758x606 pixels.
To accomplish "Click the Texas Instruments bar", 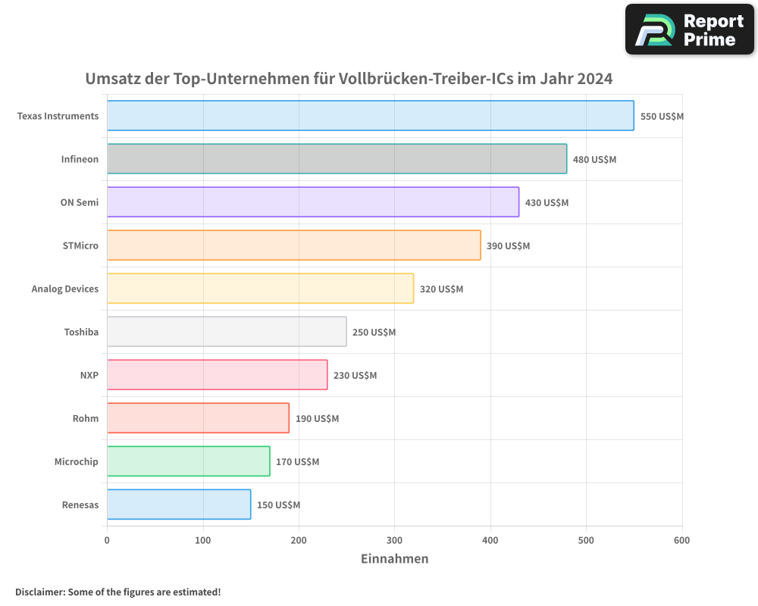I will coord(370,116).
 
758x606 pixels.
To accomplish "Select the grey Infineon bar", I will coord(337,159).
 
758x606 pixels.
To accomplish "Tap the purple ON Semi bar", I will coord(312,202).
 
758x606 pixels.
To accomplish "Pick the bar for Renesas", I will coord(179,504).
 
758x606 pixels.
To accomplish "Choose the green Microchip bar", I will coord(188,461).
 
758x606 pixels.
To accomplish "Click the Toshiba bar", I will coord(227,332).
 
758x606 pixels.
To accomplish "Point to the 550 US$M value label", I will coord(662,117).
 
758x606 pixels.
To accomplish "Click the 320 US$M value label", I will coord(441,289).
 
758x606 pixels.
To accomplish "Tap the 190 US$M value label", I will coord(317,419).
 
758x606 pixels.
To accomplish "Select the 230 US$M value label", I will coord(355,376).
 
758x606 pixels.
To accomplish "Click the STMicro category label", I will coord(80,245).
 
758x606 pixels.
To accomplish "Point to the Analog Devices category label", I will coord(65,289).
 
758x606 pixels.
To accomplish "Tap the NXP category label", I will coord(89,375).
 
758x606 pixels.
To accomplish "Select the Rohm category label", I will coord(86,418).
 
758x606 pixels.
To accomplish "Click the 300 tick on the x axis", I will coord(394,540).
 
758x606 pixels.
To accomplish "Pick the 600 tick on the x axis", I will coord(681,540).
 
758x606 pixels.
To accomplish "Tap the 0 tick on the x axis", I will coord(107,540).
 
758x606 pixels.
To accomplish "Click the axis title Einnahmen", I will coord(394,559).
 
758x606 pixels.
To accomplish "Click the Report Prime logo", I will coord(690,30).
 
